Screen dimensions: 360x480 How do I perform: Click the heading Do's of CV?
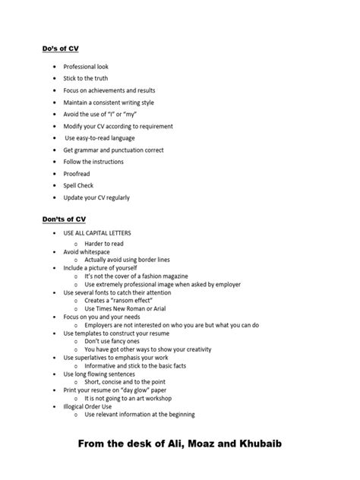click(x=60, y=49)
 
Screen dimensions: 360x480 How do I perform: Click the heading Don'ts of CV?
click(x=64, y=219)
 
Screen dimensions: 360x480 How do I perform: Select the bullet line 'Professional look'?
click(x=86, y=67)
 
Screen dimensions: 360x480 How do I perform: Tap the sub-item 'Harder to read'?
click(x=103, y=244)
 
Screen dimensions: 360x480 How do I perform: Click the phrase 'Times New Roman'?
click(x=122, y=308)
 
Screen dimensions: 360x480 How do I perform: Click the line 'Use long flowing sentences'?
click(x=100, y=374)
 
